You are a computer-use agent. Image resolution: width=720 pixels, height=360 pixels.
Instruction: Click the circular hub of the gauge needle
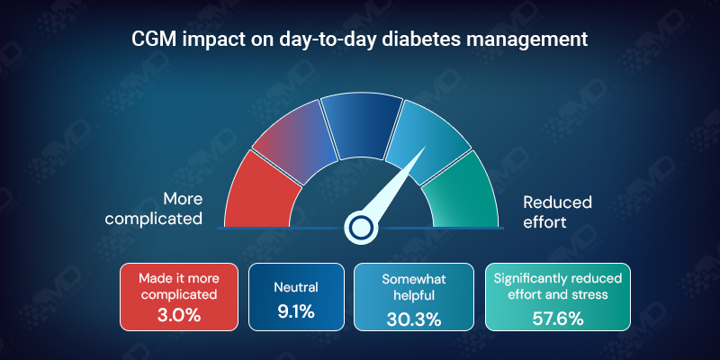361,227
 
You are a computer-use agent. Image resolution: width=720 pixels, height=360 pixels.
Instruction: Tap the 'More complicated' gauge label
183,208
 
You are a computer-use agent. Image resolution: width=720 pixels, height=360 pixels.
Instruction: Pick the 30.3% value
414,317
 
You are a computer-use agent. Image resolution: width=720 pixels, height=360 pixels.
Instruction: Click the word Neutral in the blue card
296,288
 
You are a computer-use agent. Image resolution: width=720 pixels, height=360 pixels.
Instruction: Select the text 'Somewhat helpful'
414,286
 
